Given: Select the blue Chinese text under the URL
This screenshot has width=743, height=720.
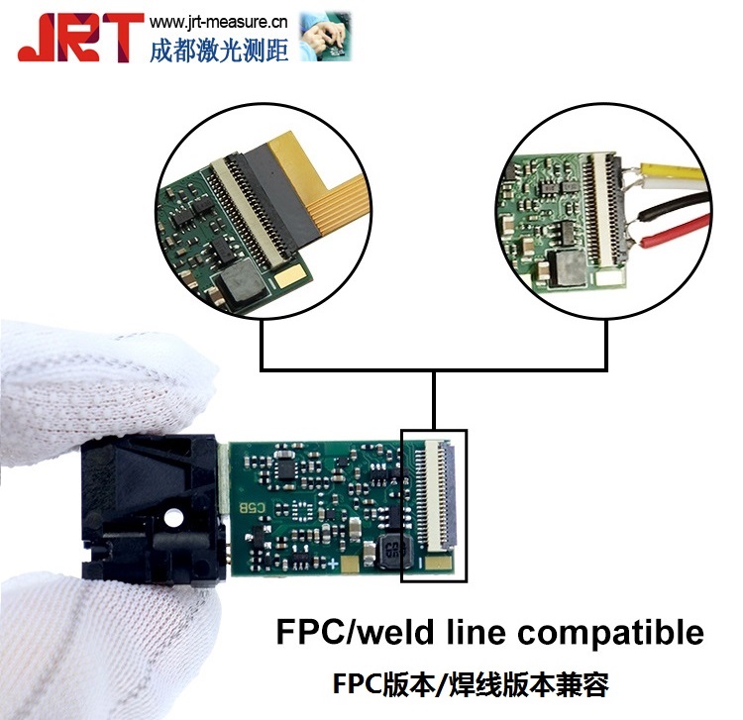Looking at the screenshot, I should (x=219, y=49).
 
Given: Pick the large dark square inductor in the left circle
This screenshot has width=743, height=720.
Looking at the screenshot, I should (x=244, y=284).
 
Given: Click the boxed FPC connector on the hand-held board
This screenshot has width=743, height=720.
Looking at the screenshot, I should (x=434, y=505).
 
